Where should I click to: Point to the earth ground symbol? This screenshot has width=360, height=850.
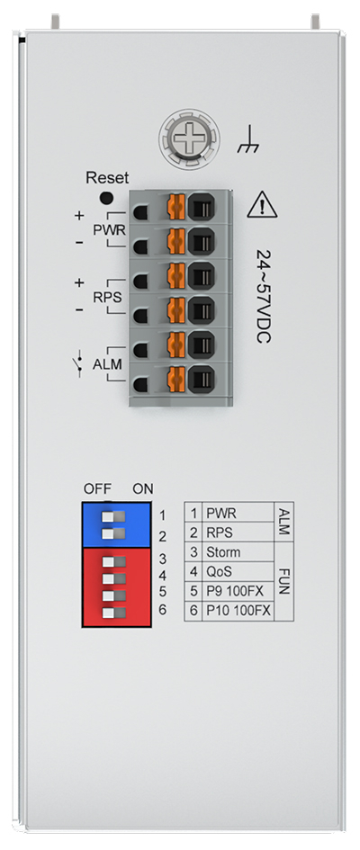tap(248, 139)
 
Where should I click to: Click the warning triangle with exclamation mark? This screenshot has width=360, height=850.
tap(262, 204)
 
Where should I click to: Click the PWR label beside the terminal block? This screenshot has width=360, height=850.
tap(110, 230)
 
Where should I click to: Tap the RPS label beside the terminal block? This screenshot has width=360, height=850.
tap(107, 298)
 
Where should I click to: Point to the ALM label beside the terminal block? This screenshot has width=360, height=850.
tap(107, 365)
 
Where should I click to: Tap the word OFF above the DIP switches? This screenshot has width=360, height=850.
tap(97, 489)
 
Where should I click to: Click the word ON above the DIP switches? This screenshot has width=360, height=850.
tap(143, 489)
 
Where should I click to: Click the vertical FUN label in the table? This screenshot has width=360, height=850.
tap(284, 582)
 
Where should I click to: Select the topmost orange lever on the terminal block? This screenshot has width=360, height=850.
tap(176, 207)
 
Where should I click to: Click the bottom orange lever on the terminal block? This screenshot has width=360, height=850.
tap(176, 379)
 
